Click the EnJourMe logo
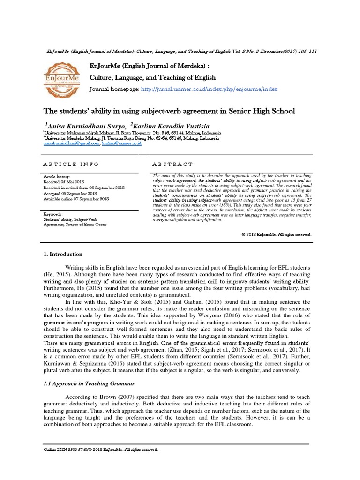[61, 78]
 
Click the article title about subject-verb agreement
[169, 111]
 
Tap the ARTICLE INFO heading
[71, 164]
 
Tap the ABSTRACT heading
[172, 164]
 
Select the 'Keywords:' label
[52, 213]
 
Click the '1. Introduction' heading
[63, 254]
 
